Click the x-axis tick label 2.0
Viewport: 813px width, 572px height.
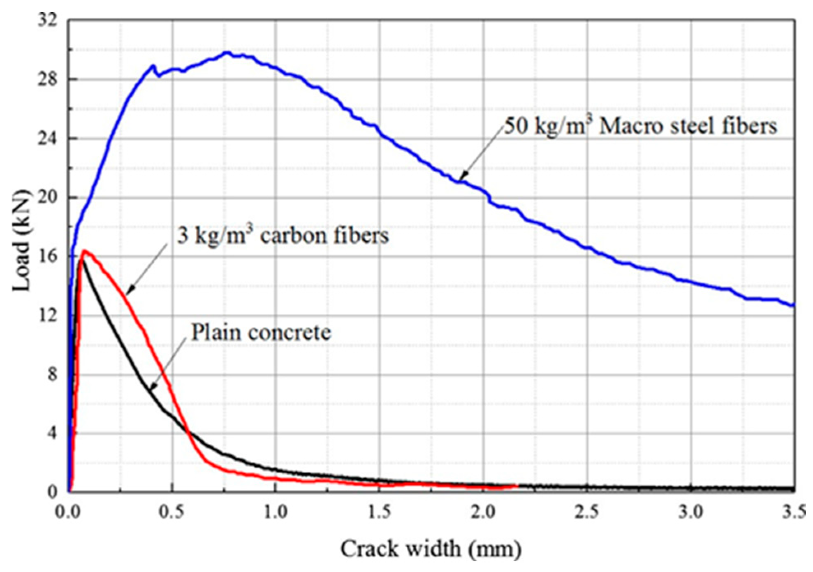point(483,512)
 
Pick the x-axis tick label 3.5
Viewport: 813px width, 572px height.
point(794,512)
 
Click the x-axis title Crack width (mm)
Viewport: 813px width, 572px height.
point(431,549)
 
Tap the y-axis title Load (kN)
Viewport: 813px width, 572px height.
point(21,240)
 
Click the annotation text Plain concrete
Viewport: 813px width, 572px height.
point(261,332)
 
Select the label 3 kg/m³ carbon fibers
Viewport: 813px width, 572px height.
point(283,236)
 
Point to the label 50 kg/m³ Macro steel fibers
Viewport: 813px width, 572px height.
point(641,126)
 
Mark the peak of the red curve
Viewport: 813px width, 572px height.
point(84,250)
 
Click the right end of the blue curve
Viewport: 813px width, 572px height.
point(794,305)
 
